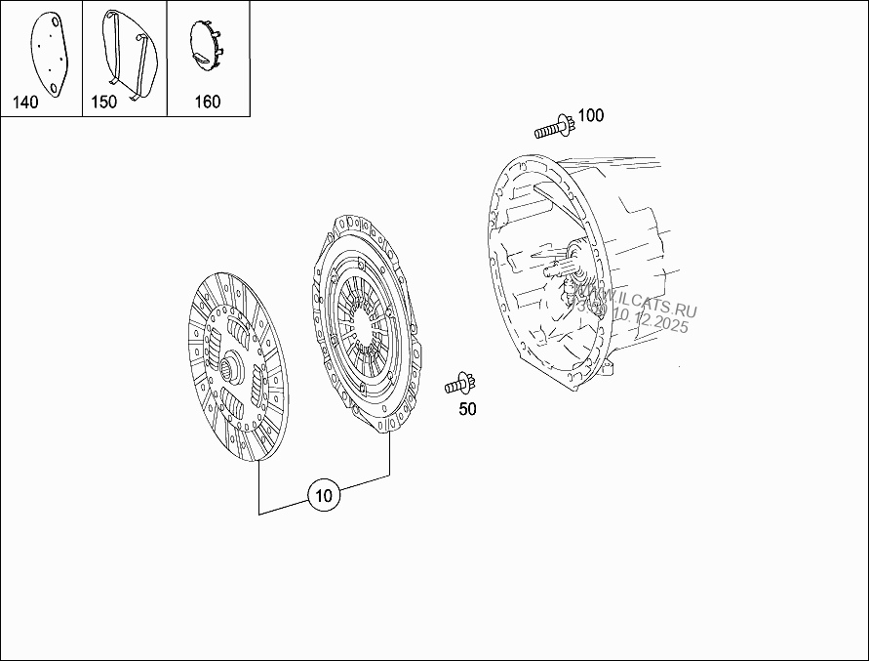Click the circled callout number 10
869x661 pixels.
coord(324,496)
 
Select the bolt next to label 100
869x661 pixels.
coord(553,127)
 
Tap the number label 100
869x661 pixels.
coord(590,115)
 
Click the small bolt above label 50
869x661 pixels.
coord(457,383)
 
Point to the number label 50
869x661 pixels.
coord(467,409)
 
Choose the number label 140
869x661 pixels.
coord(25,103)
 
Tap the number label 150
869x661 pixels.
coord(103,102)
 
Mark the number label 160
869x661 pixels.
coord(208,102)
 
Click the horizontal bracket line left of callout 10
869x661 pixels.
coord(283,512)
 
